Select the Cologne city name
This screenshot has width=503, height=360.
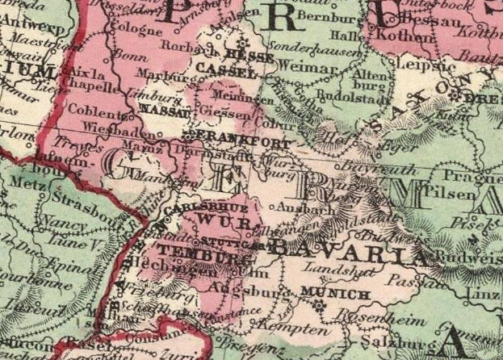click(x=129, y=31)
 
